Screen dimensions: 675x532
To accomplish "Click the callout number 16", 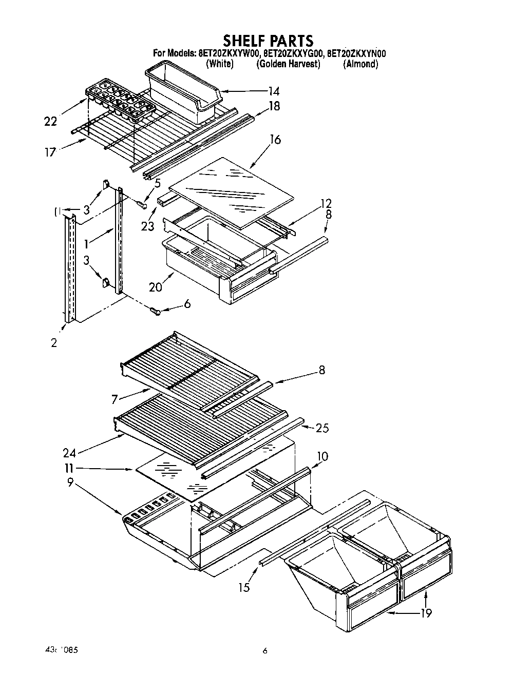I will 275,139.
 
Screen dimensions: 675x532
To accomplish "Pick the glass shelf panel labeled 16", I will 231,191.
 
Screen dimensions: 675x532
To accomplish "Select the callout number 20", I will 156,287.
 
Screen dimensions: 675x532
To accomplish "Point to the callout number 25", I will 322,428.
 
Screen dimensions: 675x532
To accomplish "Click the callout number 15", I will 244,587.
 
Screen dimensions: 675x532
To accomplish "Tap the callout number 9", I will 70,482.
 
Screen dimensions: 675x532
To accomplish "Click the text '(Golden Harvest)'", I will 288,64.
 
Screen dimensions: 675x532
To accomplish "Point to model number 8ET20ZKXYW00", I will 230,53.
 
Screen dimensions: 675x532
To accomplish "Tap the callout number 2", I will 54,343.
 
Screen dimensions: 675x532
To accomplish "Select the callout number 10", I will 322,456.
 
